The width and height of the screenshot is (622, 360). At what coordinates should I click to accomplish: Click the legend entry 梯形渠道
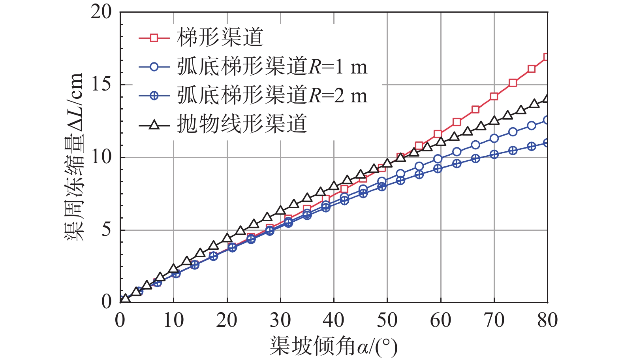(220, 38)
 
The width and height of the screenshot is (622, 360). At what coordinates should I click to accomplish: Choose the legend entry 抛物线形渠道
(242, 124)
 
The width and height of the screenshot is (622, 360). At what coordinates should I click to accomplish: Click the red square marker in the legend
(154, 38)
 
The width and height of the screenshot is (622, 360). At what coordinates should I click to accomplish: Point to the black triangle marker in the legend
(154, 125)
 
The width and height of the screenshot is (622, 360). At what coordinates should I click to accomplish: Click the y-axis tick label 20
(101, 12)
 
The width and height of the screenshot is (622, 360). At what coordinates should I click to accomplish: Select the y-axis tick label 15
(101, 85)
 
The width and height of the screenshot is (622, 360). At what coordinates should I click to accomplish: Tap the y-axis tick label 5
(106, 230)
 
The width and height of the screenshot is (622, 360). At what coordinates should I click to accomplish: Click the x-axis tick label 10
(173, 320)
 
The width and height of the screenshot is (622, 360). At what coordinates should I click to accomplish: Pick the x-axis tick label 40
(334, 320)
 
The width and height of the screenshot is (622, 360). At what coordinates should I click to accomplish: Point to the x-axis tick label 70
(494, 320)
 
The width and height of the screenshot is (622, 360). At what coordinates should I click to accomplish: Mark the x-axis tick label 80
(547, 320)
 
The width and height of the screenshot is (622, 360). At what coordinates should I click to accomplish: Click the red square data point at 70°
(494, 96)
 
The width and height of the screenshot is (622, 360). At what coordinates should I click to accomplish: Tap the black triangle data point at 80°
(547, 98)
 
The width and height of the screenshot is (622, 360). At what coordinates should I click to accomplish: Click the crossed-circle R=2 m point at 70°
(494, 154)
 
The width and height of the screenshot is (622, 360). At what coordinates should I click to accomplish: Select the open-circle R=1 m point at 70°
(494, 138)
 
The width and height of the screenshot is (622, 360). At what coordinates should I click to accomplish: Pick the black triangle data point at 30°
(280, 210)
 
